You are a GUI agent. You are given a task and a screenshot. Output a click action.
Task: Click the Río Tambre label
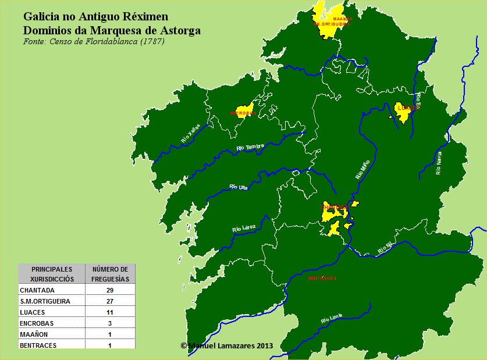[251, 148]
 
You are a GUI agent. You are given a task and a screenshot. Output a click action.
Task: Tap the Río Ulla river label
[239, 187]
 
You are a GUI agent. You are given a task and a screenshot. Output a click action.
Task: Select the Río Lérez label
[244, 229]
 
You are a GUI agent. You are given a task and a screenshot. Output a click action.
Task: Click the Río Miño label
[362, 169]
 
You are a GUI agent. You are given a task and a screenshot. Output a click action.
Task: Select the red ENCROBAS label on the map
[243, 113]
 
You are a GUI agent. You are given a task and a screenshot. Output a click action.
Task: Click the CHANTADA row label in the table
[37, 290]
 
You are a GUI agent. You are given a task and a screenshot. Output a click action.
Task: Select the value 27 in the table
[109, 301]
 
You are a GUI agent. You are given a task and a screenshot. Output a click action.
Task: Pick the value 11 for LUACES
[109, 312]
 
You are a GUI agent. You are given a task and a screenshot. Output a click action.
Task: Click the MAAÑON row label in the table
[34, 334]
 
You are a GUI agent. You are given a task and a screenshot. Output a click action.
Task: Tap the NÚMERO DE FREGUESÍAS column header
[110, 274]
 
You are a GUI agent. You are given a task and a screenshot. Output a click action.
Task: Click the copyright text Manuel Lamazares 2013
[226, 345]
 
